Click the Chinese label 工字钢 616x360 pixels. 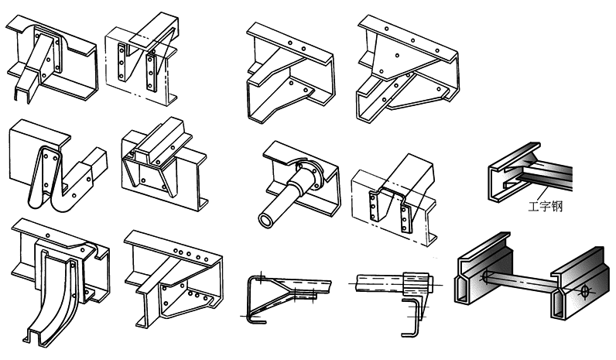click(546, 206)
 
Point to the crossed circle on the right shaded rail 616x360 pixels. click(585, 291)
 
